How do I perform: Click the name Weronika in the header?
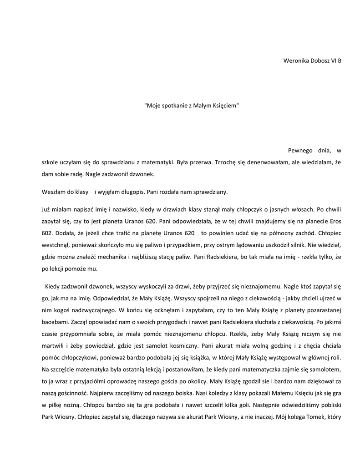(296, 61)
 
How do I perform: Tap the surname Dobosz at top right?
(320, 61)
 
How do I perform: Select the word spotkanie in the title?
(176, 106)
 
